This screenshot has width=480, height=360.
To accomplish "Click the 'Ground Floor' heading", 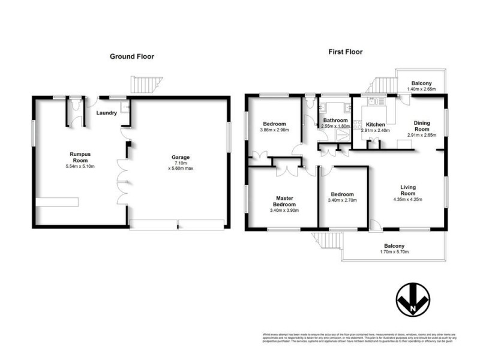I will coord(131,56).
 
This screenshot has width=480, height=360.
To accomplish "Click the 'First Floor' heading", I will coord(345,52).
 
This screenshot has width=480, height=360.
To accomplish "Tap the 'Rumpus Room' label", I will coord(79,157).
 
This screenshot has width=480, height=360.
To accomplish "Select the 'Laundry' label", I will coord(106,113).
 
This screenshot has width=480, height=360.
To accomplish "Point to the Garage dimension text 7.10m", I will coord(180,163).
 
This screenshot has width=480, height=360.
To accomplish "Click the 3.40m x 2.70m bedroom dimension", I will coord(342,202).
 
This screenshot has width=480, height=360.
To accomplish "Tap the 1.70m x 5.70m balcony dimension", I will coord(394,252).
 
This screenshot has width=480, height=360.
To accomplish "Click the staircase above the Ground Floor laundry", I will coord(140,85).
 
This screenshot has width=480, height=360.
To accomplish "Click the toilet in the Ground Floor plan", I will coord(74,104).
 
